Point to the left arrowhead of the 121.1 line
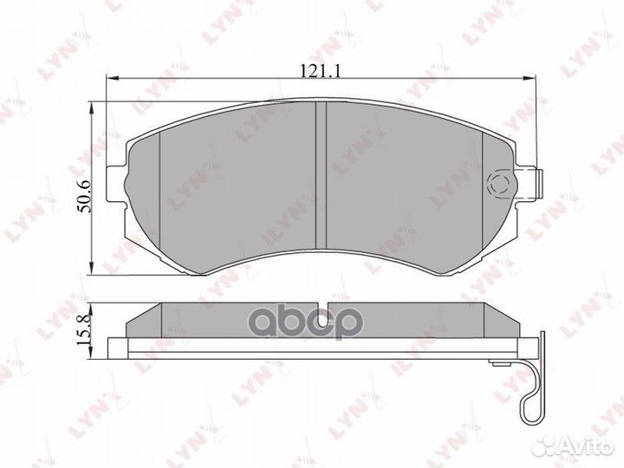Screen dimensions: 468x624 (109, 80)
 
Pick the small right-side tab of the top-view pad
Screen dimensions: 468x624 (536, 183)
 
